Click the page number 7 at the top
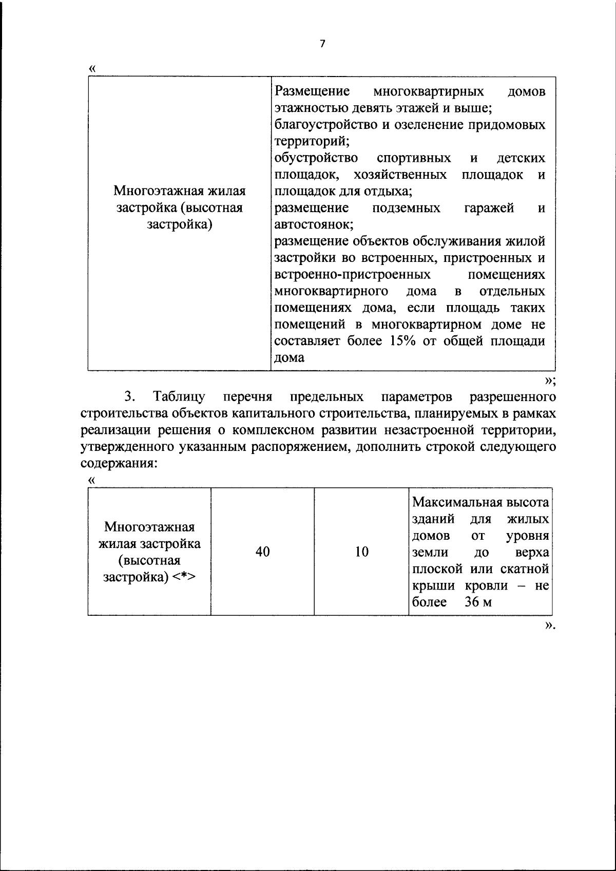pyautogui.click(x=322, y=44)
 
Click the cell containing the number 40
pyautogui.click(x=262, y=552)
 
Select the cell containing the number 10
pyautogui.click(x=361, y=552)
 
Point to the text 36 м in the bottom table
pyautogui.click(x=478, y=602)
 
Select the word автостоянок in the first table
pyautogui.click(x=312, y=225)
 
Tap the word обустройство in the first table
pyautogui.click(x=316, y=158)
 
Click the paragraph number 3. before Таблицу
pyautogui.click(x=129, y=397)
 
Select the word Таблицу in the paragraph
pyautogui.click(x=179, y=397)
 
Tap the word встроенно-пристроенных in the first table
pyautogui.click(x=352, y=275)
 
